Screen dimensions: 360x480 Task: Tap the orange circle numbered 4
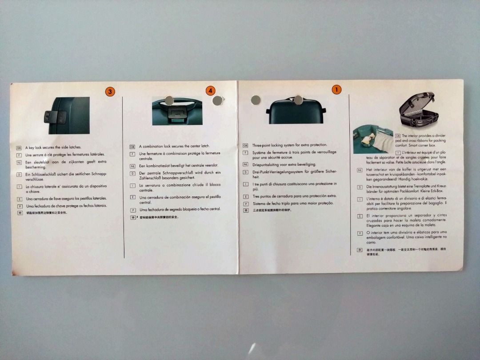tap(210, 91)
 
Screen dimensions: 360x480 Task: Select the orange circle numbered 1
tap(337, 89)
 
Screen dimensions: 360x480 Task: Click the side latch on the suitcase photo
tap(56, 117)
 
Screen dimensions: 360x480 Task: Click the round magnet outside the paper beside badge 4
tap(217, 101)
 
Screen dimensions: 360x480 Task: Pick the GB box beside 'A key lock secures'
tap(19, 147)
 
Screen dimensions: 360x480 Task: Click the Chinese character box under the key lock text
tap(19, 213)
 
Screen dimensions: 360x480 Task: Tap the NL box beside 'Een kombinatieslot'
tap(132, 165)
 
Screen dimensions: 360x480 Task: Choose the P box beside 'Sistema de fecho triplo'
tap(245, 203)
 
